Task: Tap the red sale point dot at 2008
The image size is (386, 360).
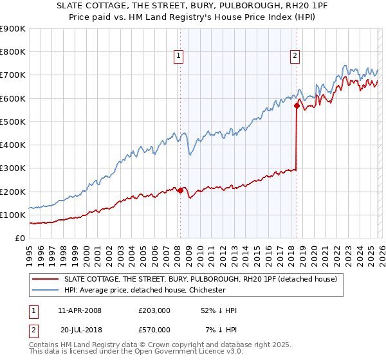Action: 180,190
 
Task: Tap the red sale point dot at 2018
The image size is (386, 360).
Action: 297,105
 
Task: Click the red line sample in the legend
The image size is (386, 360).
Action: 46,279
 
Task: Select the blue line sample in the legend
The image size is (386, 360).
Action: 46,290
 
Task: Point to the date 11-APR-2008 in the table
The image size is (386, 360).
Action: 80,310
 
